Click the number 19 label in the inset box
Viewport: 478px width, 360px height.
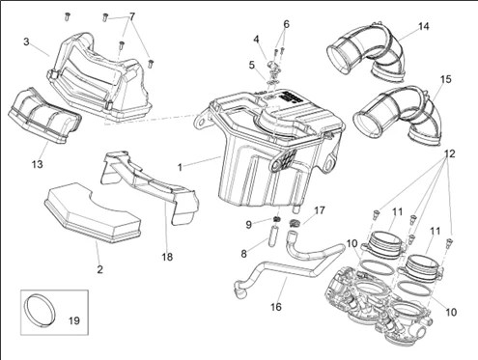(x=74, y=320)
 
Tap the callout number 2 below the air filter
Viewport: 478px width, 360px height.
(x=99, y=269)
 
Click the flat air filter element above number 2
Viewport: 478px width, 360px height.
(x=92, y=213)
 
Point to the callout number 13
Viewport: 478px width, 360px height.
(x=38, y=164)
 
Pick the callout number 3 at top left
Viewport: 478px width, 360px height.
(x=26, y=42)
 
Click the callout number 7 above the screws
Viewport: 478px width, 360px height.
(x=132, y=16)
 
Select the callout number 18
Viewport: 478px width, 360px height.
(x=167, y=257)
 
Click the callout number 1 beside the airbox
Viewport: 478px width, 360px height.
(x=180, y=167)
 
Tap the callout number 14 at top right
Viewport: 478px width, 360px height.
(x=424, y=26)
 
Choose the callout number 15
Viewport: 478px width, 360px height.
(x=446, y=79)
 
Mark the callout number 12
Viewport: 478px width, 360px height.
(x=450, y=153)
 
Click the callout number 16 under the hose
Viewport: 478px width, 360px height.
(x=276, y=307)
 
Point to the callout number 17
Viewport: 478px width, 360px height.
(x=320, y=210)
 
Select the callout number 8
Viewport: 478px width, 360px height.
(x=243, y=254)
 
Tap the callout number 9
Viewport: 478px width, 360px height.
(x=248, y=225)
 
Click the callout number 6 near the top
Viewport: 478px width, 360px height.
(x=286, y=24)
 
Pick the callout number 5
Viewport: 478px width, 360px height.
(x=252, y=65)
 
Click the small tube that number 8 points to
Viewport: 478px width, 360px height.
(x=273, y=235)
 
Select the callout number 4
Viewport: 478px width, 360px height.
(x=256, y=40)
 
